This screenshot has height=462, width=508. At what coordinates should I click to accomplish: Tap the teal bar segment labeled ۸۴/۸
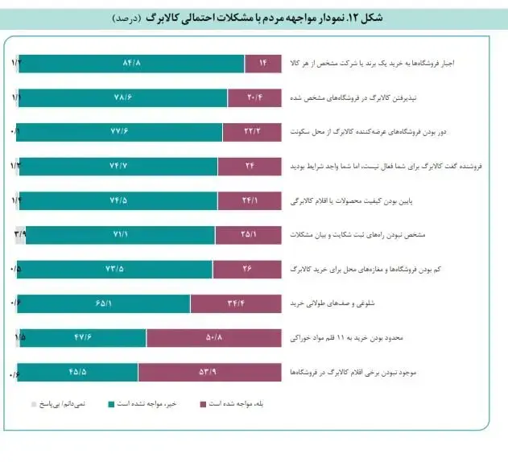pyautogui.click(x=131, y=64)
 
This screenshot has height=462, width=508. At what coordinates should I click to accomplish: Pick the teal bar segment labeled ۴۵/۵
pyautogui.click(x=78, y=372)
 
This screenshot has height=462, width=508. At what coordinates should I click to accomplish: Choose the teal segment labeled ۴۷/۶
pyautogui.click(x=82, y=337)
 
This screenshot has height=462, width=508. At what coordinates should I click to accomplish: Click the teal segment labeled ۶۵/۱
pyautogui.click(x=102, y=303)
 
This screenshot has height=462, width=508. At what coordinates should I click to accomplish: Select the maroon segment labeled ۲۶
pyautogui.click(x=247, y=269)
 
